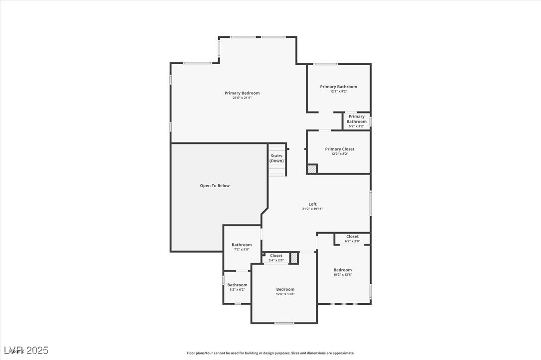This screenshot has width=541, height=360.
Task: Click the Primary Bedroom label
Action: pyautogui.click(x=242, y=93)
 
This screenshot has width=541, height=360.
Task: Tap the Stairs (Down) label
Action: pyautogui.click(x=276, y=158)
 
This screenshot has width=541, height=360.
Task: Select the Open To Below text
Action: pyautogui.click(x=215, y=186)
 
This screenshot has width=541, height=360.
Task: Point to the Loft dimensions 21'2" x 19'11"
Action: pyautogui.click(x=312, y=209)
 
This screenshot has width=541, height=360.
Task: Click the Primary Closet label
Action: pyautogui.click(x=340, y=149)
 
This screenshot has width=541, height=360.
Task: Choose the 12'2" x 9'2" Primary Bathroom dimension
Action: pyautogui.click(x=338, y=92)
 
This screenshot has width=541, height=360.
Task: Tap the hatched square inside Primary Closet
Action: pyautogui.click(x=312, y=169)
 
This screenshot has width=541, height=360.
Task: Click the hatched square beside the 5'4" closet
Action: pyautogui.click(x=294, y=258)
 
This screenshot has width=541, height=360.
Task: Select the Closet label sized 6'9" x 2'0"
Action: pyautogui.click(x=352, y=237)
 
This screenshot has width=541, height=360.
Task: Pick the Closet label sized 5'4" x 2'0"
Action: pyautogui.click(x=276, y=255)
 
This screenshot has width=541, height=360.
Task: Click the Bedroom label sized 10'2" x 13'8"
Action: pyautogui.click(x=343, y=270)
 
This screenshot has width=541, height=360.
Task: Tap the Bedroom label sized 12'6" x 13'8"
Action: pyautogui.click(x=285, y=289)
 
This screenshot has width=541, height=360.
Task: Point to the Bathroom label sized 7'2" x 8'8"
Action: pyautogui.click(x=242, y=244)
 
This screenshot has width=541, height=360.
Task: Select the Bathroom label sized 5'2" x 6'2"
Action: pyautogui.click(x=237, y=285)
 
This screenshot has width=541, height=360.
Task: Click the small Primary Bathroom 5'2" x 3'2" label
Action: pyautogui.click(x=356, y=119)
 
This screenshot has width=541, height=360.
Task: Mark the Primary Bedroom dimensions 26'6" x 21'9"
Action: pyautogui.click(x=242, y=98)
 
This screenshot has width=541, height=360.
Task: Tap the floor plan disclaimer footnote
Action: pyautogui.click(x=270, y=353)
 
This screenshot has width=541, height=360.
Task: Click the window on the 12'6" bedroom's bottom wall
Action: pyautogui.click(x=284, y=323)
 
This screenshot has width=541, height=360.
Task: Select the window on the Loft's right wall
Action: pyautogui.click(x=370, y=203)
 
